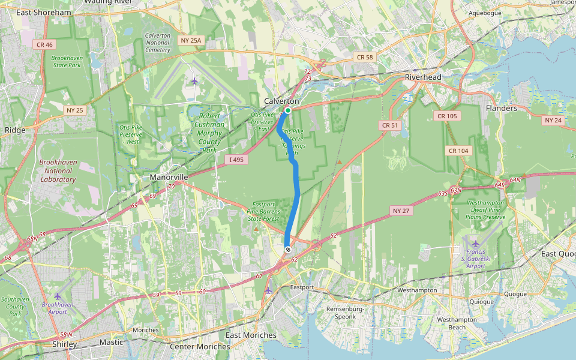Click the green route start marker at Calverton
(288, 110)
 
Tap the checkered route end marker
(288, 249)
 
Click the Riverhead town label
(423, 77)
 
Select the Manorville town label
(169, 178)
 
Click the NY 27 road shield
(401, 211)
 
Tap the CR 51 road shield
(389, 125)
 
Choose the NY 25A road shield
(192, 40)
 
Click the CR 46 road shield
(44, 44)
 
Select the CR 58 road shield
(364, 57)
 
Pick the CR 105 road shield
(447, 116)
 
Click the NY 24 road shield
(553, 120)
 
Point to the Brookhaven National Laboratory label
(58, 170)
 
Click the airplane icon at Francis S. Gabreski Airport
(476, 244)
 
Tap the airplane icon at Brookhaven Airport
(58, 296)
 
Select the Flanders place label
(501, 109)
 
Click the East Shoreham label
(44, 13)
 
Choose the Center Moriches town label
(200, 347)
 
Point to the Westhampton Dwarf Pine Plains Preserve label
(486, 210)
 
